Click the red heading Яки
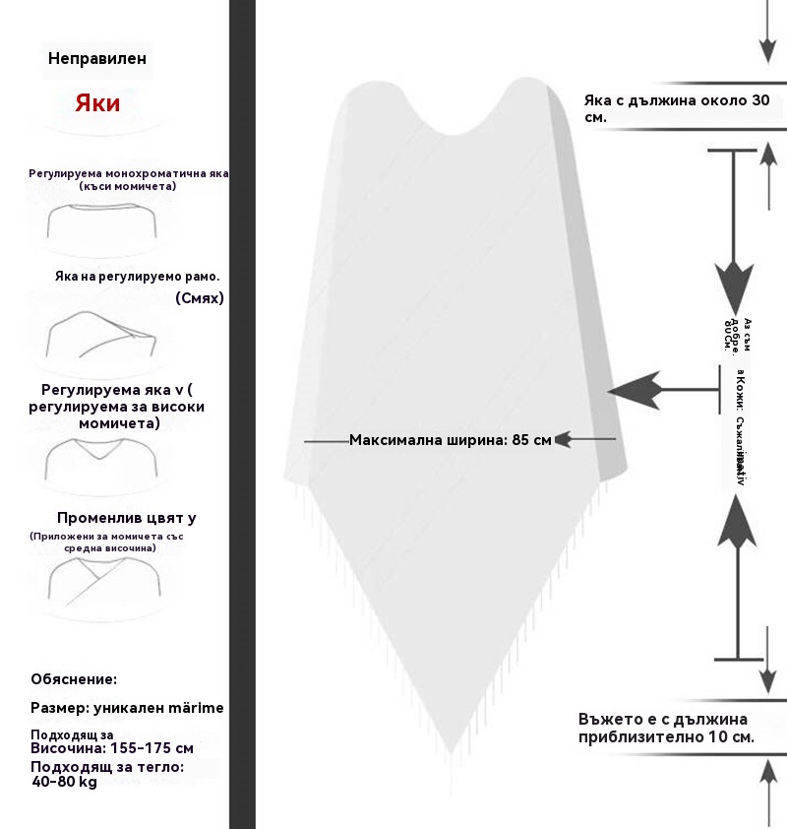point(97,103)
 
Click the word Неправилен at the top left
point(97,58)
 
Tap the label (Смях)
point(200,297)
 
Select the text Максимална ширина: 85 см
point(451,439)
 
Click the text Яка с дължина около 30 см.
point(676,108)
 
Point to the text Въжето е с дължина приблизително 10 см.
point(667,728)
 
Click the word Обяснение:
point(74,679)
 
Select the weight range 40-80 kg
point(64,782)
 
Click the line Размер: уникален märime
point(127,708)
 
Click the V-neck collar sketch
point(101,458)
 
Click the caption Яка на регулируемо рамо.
point(137,276)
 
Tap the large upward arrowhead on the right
point(736,522)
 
